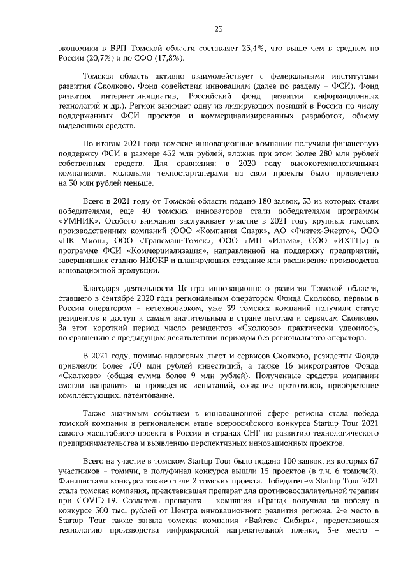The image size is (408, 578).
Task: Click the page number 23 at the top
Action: click(x=217, y=29)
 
